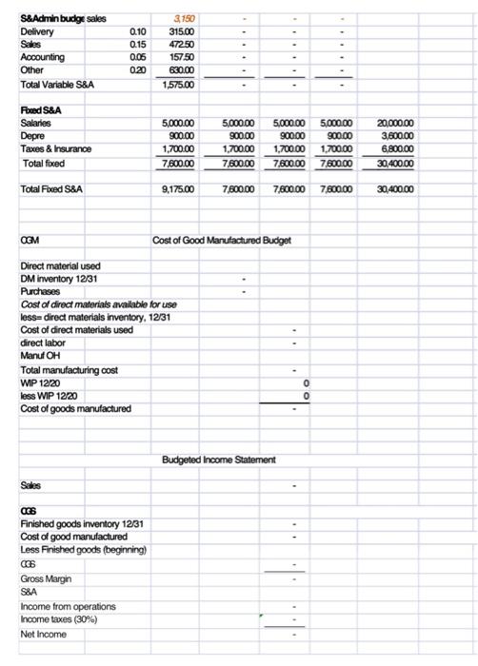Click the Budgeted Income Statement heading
click(219, 460)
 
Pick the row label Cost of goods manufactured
click(76, 408)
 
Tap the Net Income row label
click(45, 633)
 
